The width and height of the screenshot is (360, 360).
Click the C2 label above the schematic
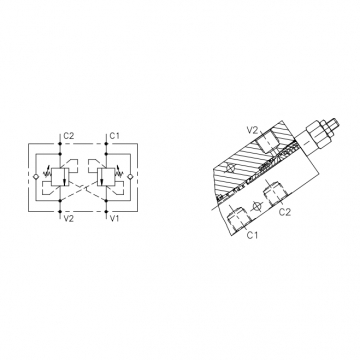click(x=68, y=136)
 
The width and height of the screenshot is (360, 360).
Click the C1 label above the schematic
click(x=114, y=136)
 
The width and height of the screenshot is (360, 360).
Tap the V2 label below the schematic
click(x=68, y=218)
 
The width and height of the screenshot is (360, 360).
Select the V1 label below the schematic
click(x=114, y=218)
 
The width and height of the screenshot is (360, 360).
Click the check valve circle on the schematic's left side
click(x=36, y=177)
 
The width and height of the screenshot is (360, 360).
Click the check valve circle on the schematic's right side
click(x=130, y=177)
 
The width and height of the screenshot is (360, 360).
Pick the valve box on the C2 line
click(x=60, y=177)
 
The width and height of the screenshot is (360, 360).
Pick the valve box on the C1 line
click(x=106, y=177)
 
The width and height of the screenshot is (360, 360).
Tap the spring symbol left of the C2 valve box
click(x=47, y=172)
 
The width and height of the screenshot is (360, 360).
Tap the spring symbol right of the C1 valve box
click(x=119, y=172)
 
